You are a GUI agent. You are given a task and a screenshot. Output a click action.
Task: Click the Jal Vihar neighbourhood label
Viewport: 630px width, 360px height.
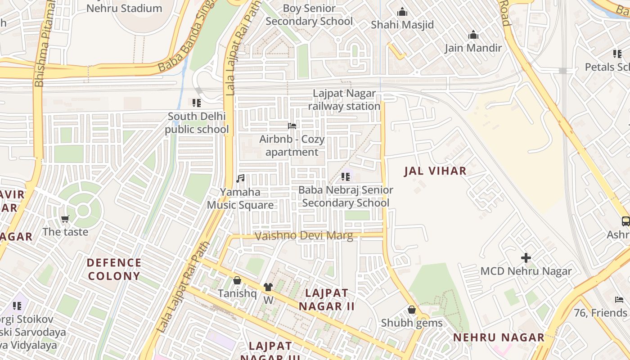tap(435, 171)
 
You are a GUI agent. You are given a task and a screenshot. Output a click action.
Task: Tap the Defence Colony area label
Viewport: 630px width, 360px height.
tap(114, 269)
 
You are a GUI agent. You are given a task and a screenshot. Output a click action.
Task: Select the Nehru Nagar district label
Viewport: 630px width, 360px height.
tap(498, 337)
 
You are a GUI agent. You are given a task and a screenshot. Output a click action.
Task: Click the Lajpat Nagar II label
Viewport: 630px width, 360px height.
tap(327, 300)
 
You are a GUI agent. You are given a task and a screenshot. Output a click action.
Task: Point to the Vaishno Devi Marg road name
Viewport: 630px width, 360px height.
tap(304, 236)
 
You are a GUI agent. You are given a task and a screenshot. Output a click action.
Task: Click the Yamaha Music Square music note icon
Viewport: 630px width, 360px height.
tap(241, 179)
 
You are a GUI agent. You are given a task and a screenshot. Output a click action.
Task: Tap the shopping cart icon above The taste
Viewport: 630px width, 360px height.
tap(65, 219)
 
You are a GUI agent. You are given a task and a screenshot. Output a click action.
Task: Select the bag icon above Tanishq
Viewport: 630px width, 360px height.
tap(237, 280)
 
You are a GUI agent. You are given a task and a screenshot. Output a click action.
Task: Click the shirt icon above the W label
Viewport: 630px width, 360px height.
tap(268, 287)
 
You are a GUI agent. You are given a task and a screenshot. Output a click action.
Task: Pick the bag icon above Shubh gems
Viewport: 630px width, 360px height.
tap(411, 310)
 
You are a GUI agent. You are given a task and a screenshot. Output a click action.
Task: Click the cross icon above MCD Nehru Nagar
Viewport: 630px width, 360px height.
tap(526, 258)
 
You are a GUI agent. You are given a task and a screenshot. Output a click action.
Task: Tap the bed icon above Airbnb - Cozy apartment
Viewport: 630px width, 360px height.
tap(292, 126)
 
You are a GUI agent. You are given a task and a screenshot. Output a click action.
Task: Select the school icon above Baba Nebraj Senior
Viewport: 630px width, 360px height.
tap(345, 177)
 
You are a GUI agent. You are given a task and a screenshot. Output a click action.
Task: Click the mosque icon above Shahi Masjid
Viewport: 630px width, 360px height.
tap(402, 12)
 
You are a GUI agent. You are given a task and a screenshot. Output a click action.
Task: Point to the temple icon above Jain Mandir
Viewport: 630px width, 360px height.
tap(473, 35)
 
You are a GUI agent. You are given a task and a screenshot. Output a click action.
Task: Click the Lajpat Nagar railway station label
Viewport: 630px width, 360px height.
tap(344, 100)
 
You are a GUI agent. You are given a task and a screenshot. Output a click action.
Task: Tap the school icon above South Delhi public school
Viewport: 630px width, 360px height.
tap(196, 103)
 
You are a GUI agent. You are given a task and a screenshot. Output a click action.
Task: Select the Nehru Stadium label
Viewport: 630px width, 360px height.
tap(124, 8)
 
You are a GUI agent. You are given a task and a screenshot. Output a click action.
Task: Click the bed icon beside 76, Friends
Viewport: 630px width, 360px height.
tap(619, 300)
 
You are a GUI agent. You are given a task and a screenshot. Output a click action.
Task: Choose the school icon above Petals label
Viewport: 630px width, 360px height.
tap(617, 54)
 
